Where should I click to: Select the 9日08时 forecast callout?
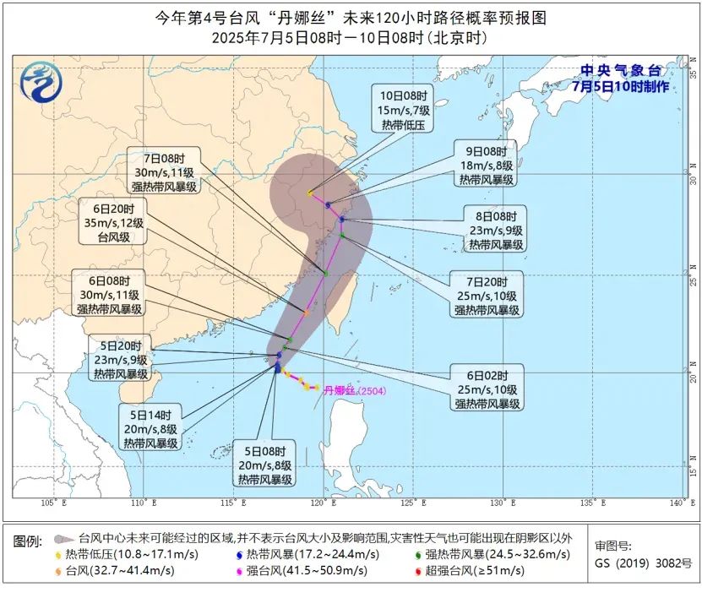[487, 166]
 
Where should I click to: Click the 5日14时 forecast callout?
[149, 429]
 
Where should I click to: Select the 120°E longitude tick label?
[318, 503]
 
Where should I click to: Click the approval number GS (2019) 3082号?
[642, 563]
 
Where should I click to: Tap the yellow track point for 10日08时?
[310, 193]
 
